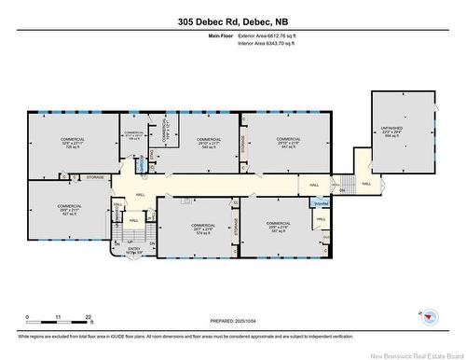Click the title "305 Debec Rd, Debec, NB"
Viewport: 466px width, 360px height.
[233, 21]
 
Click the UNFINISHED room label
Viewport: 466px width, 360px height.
[404, 132]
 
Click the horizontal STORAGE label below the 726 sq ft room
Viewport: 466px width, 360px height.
[95, 176]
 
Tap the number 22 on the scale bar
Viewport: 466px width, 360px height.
[88, 318]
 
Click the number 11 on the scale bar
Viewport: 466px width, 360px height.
[58, 318]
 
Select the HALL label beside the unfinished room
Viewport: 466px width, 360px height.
[365, 184]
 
